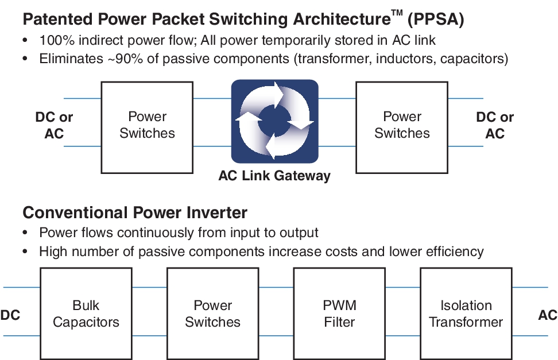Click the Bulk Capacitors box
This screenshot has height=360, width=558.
pos(86,313)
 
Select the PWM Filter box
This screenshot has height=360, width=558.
pos(339,313)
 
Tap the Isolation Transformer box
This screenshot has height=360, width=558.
pos(466,313)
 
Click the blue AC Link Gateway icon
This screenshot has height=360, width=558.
pos(274,121)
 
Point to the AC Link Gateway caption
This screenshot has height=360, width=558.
pos(274,176)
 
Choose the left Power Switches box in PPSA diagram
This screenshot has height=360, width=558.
pos(147,126)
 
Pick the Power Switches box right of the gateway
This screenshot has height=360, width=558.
pos(402,126)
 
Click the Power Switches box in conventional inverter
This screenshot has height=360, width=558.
pos(212,313)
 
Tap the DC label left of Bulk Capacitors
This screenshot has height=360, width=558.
pos(10,315)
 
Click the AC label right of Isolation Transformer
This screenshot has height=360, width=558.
pos(547,315)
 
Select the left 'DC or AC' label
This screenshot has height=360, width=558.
pos(55,125)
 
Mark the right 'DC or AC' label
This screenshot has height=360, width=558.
pos(495,125)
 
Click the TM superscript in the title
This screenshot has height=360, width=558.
pos(397,14)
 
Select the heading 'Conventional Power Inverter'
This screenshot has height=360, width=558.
pos(135,213)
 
